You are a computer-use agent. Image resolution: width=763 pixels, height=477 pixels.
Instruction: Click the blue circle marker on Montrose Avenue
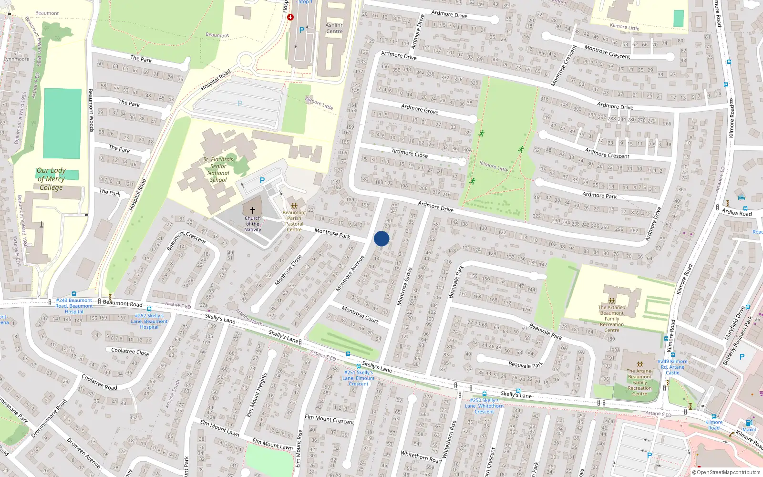[x=381, y=238]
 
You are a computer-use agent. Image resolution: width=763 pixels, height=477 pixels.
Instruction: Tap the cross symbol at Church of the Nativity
[x=252, y=210]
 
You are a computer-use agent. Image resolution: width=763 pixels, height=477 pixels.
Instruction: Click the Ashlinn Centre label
[x=334, y=28]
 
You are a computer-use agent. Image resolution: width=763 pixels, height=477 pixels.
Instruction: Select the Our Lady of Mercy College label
[x=51, y=179]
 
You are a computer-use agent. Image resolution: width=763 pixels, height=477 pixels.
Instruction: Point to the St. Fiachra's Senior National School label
[x=218, y=170]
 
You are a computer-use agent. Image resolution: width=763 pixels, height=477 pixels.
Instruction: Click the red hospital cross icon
[x=290, y=17]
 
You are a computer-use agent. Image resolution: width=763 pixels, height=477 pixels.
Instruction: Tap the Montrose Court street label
[x=360, y=314]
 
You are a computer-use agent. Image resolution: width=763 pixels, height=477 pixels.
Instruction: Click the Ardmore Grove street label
[x=420, y=109]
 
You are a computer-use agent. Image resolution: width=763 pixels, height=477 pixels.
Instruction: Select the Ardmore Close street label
[x=410, y=153]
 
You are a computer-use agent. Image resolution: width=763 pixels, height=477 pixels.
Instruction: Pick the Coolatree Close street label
[x=130, y=352]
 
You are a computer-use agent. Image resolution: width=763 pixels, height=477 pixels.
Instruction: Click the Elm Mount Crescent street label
[x=329, y=420]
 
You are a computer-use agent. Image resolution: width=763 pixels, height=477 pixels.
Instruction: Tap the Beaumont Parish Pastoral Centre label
[x=294, y=221]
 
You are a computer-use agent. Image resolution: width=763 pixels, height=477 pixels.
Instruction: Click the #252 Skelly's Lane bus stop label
[x=149, y=321]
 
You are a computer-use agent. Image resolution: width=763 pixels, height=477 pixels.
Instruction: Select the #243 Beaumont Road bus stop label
[x=74, y=306]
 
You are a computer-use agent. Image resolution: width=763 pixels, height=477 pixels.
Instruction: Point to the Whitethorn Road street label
[x=421, y=456]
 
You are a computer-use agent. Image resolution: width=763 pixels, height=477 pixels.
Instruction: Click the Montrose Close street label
[x=288, y=270]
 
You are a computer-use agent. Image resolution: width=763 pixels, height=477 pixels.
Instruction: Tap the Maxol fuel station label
[x=749, y=429]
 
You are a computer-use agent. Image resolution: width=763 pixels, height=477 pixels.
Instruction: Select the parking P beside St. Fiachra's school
[x=262, y=180]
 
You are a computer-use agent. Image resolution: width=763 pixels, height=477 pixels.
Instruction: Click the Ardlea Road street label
[x=737, y=212]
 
